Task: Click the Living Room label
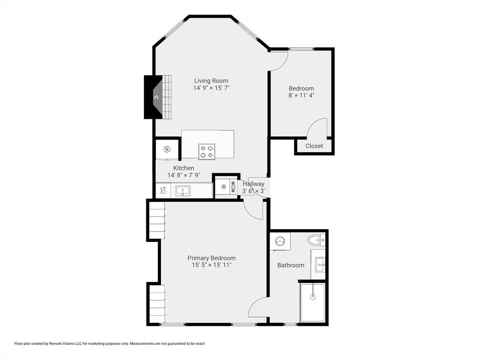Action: pyautogui.click(x=211, y=81)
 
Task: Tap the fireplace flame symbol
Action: pyautogui.click(x=157, y=97)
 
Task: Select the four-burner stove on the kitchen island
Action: pyautogui.click(x=207, y=151)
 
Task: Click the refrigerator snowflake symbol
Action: pyautogui.click(x=167, y=149)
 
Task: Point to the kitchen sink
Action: pyautogui.click(x=182, y=191)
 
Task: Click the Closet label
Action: pyautogui.click(x=314, y=146)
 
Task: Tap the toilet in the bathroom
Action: pyautogui.click(x=317, y=240)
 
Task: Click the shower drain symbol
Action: pyautogui.click(x=313, y=297)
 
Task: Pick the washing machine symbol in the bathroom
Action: pyautogui.click(x=280, y=241)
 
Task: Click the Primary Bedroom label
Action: pyautogui.click(x=212, y=258)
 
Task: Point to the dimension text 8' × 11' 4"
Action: pyautogui.click(x=301, y=95)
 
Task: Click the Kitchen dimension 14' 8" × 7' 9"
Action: pyautogui.click(x=184, y=175)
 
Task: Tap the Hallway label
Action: pyautogui.click(x=253, y=184)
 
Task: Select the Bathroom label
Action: pyautogui.click(x=291, y=265)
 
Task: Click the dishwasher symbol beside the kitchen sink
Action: pyautogui.click(x=163, y=191)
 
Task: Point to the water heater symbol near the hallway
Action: pyautogui.click(x=224, y=187)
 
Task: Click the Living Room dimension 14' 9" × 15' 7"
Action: pyautogui.click(x=211, y=88)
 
